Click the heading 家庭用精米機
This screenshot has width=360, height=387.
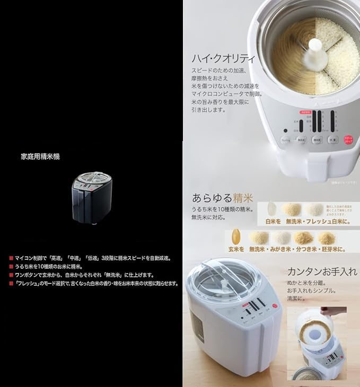pos(40,156)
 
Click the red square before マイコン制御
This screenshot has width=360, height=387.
pos(11,258)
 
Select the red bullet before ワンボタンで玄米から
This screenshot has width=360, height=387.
pos(11,275)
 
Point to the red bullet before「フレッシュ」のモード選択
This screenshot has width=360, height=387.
pos(11,284)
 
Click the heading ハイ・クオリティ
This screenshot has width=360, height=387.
pos(223,58)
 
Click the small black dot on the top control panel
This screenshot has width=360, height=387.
pos(286,130)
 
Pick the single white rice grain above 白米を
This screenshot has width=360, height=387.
pos(272,208)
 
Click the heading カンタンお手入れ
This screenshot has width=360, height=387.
pos(321,271)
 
